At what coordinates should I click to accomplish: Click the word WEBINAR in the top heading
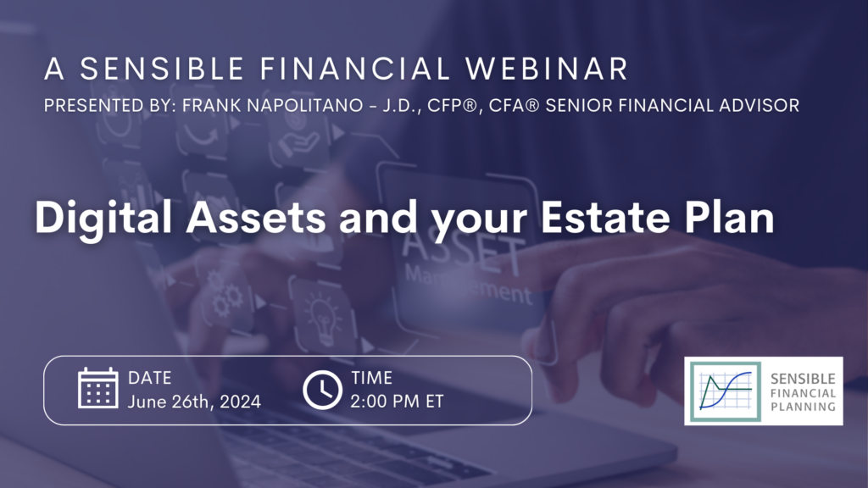[547, 69]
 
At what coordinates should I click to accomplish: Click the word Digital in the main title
[103, 218]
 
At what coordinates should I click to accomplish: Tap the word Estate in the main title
[605, 217]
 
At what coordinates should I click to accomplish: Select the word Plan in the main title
[729, 217]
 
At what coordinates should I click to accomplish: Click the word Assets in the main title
[256, 217]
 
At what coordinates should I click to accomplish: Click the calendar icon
[98, 388]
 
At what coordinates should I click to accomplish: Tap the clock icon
[322, 390]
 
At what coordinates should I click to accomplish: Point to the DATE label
[149, 378]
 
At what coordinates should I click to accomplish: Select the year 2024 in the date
[240, 402]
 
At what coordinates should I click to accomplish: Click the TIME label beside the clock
[371, 378]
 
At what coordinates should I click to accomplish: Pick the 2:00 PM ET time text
[397, 402]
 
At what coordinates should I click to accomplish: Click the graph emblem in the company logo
[726, 391]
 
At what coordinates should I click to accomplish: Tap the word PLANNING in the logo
[804, 407]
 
